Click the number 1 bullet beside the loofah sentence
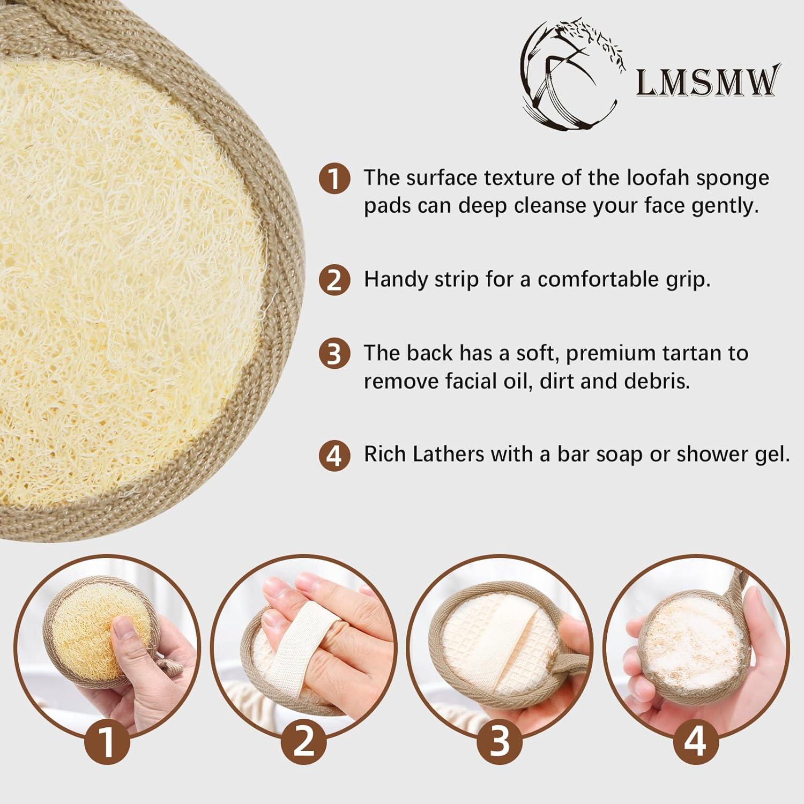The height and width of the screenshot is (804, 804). coord(334,178)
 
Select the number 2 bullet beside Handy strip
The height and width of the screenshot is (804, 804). coord(334,280)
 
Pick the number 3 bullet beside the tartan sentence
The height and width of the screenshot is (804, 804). coord(334,354)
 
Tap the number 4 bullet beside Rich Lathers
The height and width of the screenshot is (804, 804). coord(334,455)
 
